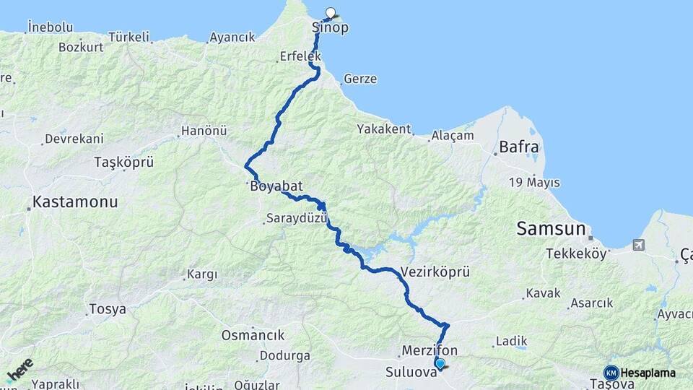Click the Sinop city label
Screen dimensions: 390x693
(330, 28)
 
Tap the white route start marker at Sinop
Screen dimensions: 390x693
(331, 12)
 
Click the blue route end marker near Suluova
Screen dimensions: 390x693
(440, 363)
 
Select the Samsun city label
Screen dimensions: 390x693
(551, 229)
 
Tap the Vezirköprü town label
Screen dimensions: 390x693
(435, 272)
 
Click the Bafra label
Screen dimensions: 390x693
(518, 148)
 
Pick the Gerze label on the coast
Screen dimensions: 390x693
(360, 79)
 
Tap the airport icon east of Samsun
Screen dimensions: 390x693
(638, 246)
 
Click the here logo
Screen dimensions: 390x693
(19, 370)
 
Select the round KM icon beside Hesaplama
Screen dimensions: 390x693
(611, 373)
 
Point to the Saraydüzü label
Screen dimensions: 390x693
(297, 217)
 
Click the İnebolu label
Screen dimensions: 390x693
(50, 27)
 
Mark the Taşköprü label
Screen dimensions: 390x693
(124, 162)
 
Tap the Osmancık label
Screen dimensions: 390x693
(253, 335)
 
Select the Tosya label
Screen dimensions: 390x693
(107, 309)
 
